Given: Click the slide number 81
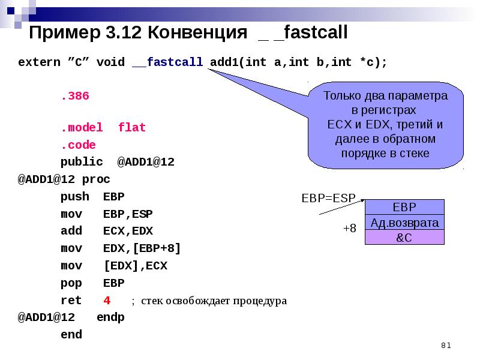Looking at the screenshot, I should (445, 345).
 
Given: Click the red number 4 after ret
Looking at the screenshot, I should (107, 301).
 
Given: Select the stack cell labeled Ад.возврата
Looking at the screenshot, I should (404, 223).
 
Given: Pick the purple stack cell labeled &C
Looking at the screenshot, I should (404, 238).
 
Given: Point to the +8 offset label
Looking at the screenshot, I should (349, 229).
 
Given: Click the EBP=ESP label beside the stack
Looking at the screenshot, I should (328, 197).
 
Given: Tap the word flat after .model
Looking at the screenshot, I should (132, 128).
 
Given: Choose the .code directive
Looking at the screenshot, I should (78, 145).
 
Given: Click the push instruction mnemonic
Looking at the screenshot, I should (74, 197).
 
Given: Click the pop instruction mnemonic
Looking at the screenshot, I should (71, 283).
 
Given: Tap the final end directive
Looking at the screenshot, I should (71, 335).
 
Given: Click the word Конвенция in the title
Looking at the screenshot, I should (197, 33).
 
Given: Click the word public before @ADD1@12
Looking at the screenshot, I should (82, 162).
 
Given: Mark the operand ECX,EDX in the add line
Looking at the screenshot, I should (128, 231).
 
